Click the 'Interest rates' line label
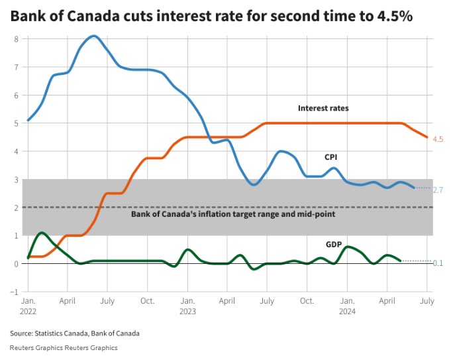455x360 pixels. [323, 108]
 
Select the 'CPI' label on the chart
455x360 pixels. [331, 157]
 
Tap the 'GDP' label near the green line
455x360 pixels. [333, 245]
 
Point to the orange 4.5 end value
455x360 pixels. [438, 139]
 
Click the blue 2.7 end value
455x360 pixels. [438, 190]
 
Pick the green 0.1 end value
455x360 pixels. [438, 263]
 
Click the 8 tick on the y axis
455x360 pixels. [16, 39]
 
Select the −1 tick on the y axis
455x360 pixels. [14, 292]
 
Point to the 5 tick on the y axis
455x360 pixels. [16, 123]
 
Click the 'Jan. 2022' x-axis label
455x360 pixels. [28, 305]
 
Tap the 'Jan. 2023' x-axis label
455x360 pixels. [187, 305]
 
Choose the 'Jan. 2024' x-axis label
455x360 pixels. [346, 305]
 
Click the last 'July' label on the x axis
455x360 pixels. [427, 301]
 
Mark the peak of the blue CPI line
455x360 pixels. [94, 36]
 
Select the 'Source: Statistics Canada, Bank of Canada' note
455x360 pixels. [75, 333]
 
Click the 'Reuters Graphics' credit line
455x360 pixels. [64, 347]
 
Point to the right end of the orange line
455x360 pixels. [427, 137]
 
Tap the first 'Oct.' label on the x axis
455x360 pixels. [147, 301]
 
